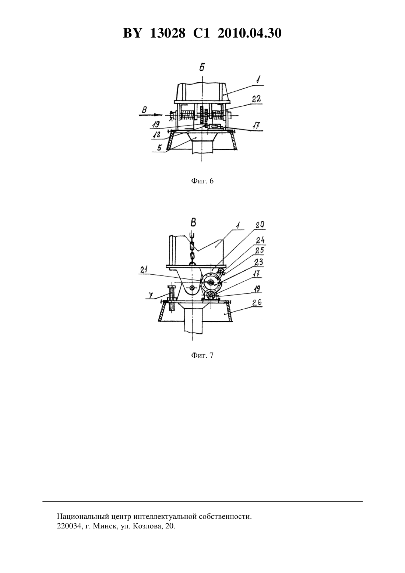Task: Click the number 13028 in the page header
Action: pyautogui.click(x=168, y=33)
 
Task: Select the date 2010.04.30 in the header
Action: pyautogui.click(x=250, y=33)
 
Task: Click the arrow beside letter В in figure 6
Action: pyautogui.click(x=151, y=115)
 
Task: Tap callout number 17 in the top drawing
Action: pyautogui.click(x=256, y=125)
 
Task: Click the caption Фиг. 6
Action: pyautogui.click(x=202, y=181)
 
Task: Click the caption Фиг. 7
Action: pyautogui.click(x=202, y=355)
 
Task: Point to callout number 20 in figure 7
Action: pyautogui.click(x=260, y=225)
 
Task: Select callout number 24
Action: pyautogui.click(x=261, y=240)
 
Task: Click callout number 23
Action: pyautogui.click(x=258, y=262)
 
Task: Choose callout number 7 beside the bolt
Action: pyautogui.click(x=151, y=296)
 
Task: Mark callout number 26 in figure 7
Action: pyautogui.click(x=257, y=303)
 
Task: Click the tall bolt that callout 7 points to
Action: pyautogui.click(x=172, y=298)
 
